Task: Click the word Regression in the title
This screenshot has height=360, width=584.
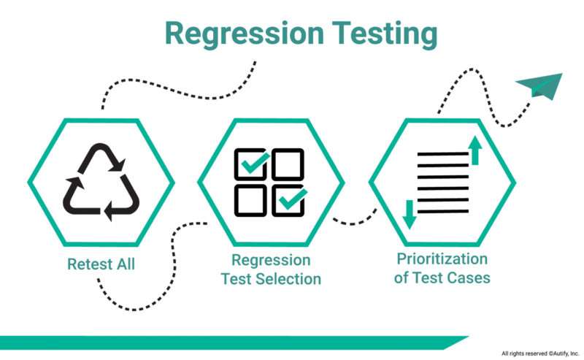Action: (x=245, y=35)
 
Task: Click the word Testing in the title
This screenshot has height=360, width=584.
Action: (x=385, y=35)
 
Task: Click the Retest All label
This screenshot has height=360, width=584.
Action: (x=101, y=264)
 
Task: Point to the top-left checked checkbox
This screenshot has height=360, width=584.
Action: (x=251, y=164)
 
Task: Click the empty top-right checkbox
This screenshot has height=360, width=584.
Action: (x=288, y=164)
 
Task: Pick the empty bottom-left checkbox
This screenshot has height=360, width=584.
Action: (x=250, y=201)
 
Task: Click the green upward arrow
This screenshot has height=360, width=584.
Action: (x=475, y=150)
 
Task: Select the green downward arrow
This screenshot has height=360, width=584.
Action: (x=410, y=214)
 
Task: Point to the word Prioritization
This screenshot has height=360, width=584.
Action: (x=442, y=258)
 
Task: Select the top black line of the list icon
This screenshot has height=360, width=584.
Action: (x=443, y=153)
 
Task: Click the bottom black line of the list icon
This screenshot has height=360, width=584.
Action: (x=443, y=212)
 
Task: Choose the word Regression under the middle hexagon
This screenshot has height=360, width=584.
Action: (x=271, y=261)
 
